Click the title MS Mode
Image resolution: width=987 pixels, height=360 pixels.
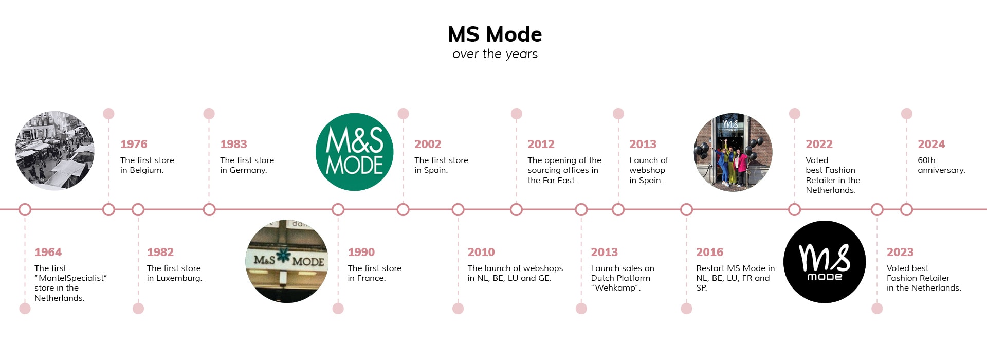[495, 34]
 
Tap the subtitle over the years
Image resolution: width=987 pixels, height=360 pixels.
[495, 54]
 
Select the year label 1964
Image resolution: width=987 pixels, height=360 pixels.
[48, 252]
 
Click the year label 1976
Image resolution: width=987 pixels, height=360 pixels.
[134, 144]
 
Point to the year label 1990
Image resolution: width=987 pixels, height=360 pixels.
[361, 252]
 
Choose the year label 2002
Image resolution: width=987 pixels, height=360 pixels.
[428, 144]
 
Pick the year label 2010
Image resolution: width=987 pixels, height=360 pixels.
[481, 252]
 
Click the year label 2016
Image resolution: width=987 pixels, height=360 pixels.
[709, 252]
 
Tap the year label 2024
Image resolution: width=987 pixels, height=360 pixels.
[931, 144]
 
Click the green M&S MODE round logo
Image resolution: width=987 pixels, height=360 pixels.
[354, 152]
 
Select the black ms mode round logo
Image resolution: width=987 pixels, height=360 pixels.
[825, 262]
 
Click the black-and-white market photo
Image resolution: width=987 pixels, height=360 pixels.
[54, 151]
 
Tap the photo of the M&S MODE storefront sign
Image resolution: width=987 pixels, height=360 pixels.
[287, 261]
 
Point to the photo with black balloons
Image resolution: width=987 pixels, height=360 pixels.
[733, 152]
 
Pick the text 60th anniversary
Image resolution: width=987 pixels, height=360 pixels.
[941, 165]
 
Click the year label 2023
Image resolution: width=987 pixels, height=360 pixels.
[900, 252]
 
